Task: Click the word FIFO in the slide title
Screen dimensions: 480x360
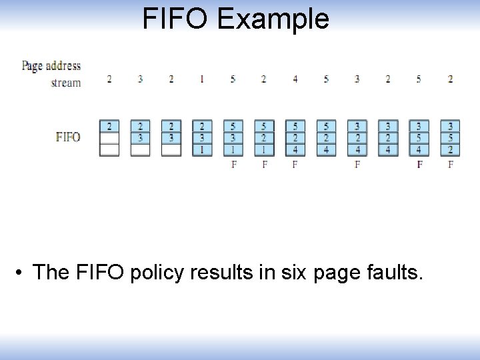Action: [x=175, y=19]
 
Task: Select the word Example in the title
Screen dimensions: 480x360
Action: [x=273, y=20]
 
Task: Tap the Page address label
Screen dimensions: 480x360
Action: [x=51, y=65]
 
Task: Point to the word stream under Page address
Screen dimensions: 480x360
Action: [x=66, y=83]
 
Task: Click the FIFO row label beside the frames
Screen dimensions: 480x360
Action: [x=68, y=137]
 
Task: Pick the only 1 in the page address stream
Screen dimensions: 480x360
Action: [x=202, y=79]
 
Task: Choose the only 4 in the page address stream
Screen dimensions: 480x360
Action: [x=295, y=79]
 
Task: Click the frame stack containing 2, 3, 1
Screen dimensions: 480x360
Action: [x=202, y=137]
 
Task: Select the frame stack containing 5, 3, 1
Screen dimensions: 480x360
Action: [x=233, y=137]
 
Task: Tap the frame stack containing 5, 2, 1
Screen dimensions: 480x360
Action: [x=264, y=137]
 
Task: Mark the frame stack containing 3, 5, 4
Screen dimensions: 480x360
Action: [x=419, y=137]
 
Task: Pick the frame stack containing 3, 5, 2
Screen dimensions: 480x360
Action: [x=451, y=137]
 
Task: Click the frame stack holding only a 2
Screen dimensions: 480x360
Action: [x=109, y=137]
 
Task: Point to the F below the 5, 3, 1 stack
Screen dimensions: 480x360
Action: [x=233, y=164]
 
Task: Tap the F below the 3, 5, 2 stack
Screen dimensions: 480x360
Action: [x=451, y=164]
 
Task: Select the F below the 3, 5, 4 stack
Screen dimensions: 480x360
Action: [x=419, y=164]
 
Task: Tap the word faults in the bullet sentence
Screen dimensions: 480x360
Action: [x=395, y=273]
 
